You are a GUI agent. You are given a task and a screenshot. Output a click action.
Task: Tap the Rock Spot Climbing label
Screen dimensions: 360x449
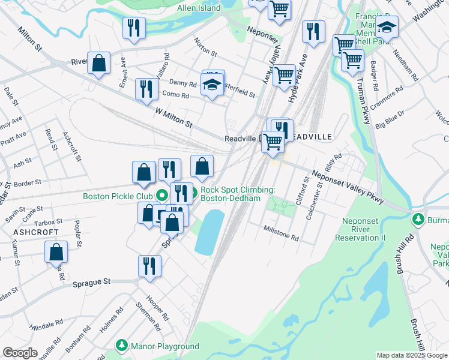pyautogui.click(x=238, y=194)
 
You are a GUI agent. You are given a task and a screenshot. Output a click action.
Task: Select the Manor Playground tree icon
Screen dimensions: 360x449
pyautogui.click(x=122, y=346)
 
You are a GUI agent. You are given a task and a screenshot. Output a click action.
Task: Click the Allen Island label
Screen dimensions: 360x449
pyautogui.click(x=199, y=8)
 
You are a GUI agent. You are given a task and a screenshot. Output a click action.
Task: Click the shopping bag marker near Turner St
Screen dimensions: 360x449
pyautogui.click(x=56, y=253)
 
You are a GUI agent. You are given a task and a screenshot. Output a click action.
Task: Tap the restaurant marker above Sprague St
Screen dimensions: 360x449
pyautogui.click(x=149, y=266)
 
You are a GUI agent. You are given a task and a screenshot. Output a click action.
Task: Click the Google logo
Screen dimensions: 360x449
pyautogui.click(x=20, y=353)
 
